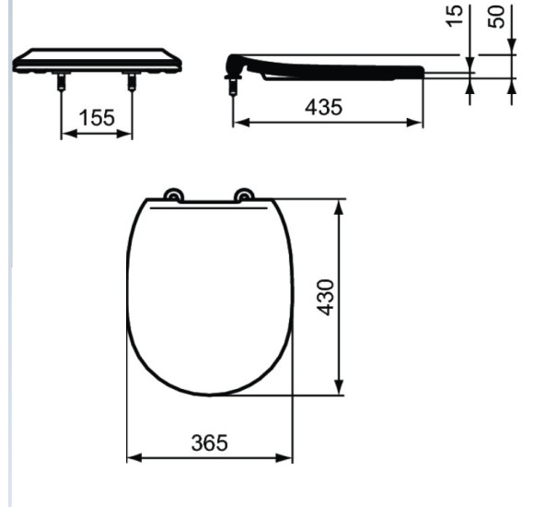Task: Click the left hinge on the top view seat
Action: click(x=171, y=195)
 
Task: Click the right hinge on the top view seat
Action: click(x=244, y=195)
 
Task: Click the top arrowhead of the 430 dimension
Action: click(x=341, y=206)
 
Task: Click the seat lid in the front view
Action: click(x=97, y=61)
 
